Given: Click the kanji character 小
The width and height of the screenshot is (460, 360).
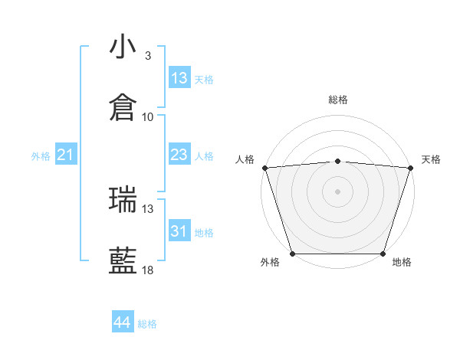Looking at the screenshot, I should pyautogui.click(x=123, y=47).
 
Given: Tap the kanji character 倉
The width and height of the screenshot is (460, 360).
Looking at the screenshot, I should pyautogui.click(x=123, y=108).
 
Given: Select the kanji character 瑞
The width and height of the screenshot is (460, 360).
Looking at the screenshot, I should pyautogui.click(x=123, y=199).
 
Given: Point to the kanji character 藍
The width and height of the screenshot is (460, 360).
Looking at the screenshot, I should pyautogui.click(x=123, y=260).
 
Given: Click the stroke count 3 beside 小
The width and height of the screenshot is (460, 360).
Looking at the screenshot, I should pyautogui.click(x=147, y=56).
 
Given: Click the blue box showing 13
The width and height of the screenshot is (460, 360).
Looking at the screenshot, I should pyautogui.click(x=179, y=78).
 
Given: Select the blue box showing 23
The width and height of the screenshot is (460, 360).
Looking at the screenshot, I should pyautogui.click(x=179, y=155).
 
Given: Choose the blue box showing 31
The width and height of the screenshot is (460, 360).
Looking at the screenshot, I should pyautogui.click(x=179, y=231).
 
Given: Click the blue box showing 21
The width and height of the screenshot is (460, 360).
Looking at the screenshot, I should pyautogui.click(x=65, y=155).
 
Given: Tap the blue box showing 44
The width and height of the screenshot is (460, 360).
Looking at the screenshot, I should pyautogui.click(x=122, y=322).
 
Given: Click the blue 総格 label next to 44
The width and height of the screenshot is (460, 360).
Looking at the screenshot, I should pyautogui.click(x=147, y=324).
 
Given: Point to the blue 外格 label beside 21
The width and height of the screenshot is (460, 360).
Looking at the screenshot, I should pyautogui.click(x=41, y=156).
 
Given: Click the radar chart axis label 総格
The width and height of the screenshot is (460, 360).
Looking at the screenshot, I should pyautogui.click(x=337, y=100).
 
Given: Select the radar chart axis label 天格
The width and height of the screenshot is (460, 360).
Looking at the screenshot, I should pyautogui.click(x=432, y=159).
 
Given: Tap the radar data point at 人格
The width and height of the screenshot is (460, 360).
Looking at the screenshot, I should pyautogui.click(x=264, y=168).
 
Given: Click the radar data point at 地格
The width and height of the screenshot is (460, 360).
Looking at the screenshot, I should pyautogui.click(x=383, y=254).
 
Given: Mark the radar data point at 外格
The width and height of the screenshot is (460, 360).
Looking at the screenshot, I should pyautogui.click(x=292, y=254).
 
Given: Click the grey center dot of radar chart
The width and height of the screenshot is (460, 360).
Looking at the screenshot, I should pyautogui.click(x=337, y=191).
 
